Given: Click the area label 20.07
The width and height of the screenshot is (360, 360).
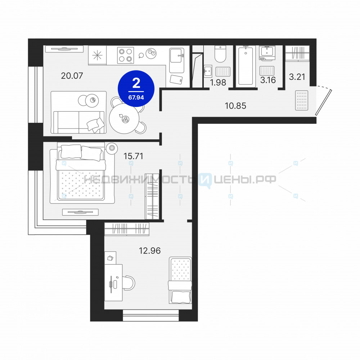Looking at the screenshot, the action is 72,76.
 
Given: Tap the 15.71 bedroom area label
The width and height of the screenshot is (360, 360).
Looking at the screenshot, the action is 134,156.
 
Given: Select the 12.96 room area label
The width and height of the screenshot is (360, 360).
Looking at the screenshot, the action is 150,251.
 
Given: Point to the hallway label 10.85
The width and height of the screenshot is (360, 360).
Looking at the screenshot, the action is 235,105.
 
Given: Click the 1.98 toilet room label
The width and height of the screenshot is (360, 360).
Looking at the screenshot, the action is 218,82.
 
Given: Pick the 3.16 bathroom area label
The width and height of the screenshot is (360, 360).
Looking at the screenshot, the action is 268,80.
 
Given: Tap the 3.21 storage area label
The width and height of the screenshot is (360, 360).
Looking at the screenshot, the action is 297,77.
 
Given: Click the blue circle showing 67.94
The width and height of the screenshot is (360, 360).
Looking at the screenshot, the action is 136,89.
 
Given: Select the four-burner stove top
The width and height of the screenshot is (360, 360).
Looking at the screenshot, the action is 126,55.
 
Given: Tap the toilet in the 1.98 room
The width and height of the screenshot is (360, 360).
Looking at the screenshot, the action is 220,54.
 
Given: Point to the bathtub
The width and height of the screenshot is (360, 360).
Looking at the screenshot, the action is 246,66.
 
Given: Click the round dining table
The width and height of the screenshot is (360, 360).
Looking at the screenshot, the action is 124,118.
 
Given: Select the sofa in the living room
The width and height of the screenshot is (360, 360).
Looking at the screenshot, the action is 78,122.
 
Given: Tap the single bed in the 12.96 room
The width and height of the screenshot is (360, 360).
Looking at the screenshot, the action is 180,280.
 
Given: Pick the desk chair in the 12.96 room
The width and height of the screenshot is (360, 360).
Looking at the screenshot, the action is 129,283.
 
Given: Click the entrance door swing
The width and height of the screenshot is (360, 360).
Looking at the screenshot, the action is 323,100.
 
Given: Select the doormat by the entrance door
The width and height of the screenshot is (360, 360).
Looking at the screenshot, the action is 302,100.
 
